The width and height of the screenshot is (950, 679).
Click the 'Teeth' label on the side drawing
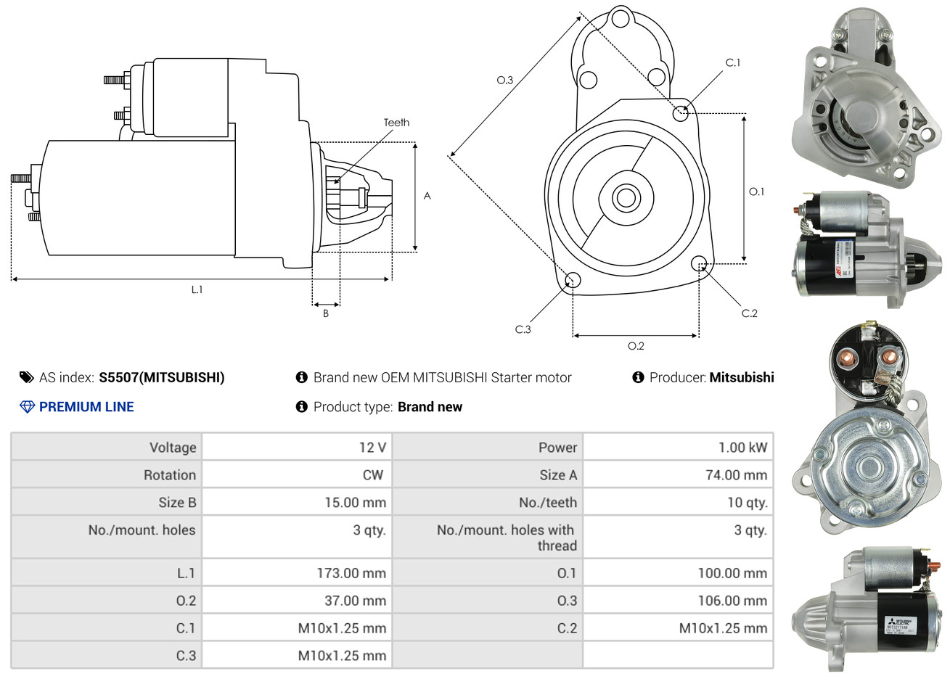point(396,123)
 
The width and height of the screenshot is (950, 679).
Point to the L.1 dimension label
point(197,289)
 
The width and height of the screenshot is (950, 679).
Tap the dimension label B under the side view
point(326,313)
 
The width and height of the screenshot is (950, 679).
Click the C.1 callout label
point(733,63)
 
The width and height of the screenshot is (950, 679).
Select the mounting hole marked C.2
point(700,263)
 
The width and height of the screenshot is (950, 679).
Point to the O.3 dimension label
point(505,80)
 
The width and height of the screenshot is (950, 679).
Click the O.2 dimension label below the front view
point(636,346)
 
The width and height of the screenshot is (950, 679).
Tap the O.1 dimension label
point(756,192)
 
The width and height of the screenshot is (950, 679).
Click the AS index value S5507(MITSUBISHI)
point(162,377)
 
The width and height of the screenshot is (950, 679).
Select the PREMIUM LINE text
point(86,407)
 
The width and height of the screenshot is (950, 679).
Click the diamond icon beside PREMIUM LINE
point(27,407)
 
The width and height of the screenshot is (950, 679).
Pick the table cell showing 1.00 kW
point(742,448)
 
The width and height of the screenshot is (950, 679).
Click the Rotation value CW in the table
point(372,475)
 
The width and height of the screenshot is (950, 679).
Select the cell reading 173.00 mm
point(351,573)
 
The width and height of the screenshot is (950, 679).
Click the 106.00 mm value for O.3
point(732,601)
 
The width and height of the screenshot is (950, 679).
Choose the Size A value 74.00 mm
point(736,475)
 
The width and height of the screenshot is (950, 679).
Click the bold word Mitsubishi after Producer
point(742,377)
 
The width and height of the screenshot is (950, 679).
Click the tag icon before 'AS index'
point(27,377)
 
